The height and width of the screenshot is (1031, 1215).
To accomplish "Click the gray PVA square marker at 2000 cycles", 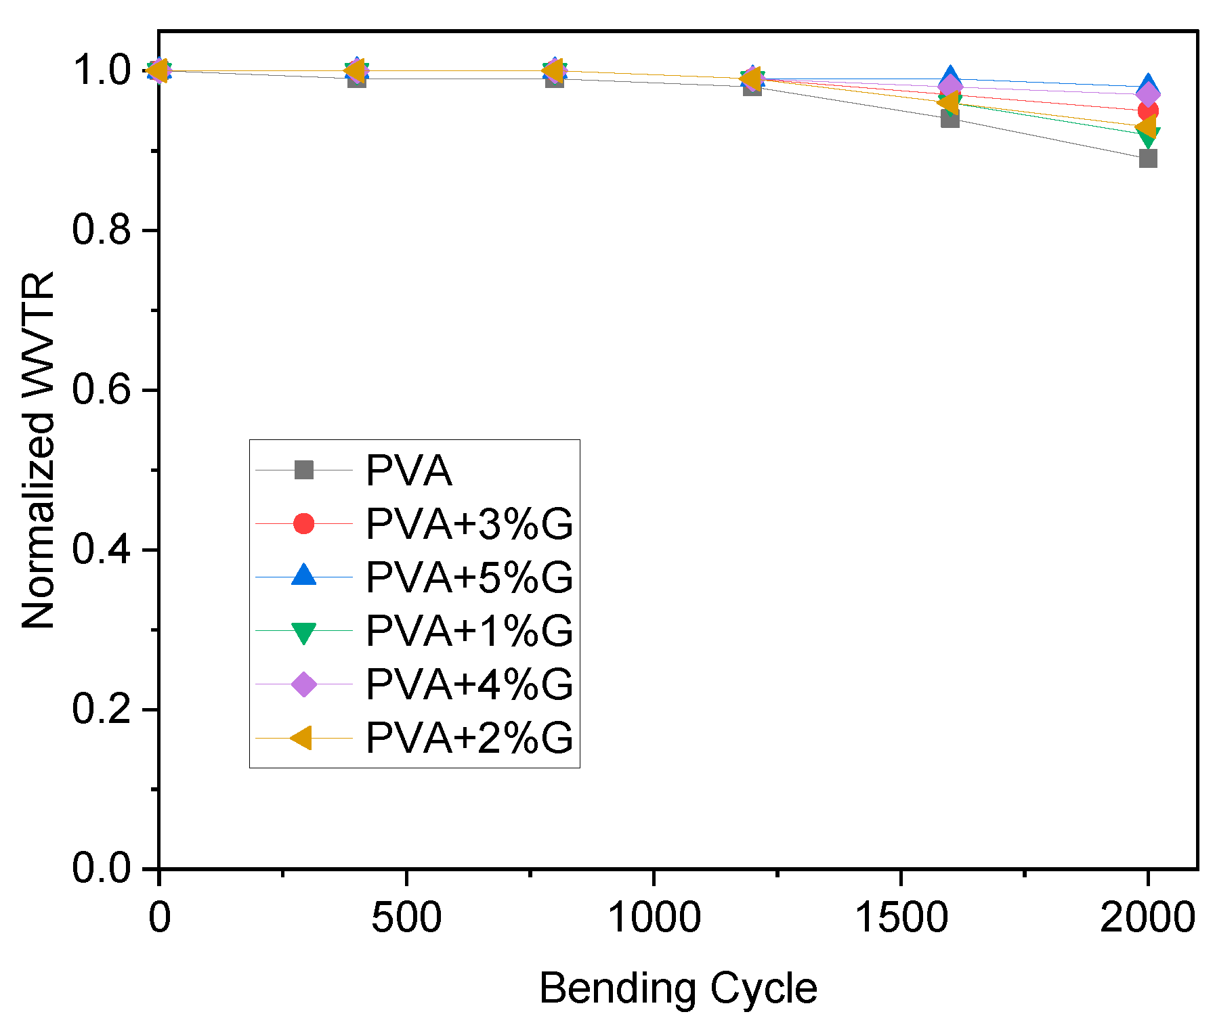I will tap(1147, 158).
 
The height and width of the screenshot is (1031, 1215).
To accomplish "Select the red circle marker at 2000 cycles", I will tap(1148, 111).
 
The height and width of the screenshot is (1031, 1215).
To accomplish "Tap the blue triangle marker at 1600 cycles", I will tap(950, 76).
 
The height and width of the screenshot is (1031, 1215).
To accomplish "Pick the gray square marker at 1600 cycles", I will tap(950, 119).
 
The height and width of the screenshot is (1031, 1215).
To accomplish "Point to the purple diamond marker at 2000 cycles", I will tap(1147, 95).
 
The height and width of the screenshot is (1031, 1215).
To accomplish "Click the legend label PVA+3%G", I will tap(469, 523).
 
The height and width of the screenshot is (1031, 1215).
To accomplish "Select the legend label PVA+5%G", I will tap(469, 577).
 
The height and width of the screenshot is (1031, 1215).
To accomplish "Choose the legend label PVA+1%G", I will tap(469, 631).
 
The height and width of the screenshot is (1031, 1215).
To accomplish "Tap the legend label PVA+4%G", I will tap(469, 684).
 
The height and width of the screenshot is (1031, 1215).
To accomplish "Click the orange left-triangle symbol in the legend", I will tap(303, 738).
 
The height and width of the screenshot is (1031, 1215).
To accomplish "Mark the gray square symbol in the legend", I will tap(304, 470).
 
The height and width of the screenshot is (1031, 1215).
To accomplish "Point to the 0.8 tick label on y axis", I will tap(101, 230).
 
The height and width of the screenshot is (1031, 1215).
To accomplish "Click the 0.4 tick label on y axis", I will tap(101, 550).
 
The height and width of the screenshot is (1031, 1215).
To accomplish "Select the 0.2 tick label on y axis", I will tap(101, 709).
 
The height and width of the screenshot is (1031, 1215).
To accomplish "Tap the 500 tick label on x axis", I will tap(406, 919).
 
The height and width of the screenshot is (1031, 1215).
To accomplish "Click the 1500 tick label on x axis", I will tap(901, 919).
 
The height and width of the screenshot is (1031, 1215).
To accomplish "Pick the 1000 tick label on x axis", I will tap(654, 919).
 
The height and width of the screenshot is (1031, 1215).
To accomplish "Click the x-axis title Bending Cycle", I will tap(678, 989).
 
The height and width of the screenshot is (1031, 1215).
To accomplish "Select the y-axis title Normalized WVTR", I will tap(38, 450).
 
